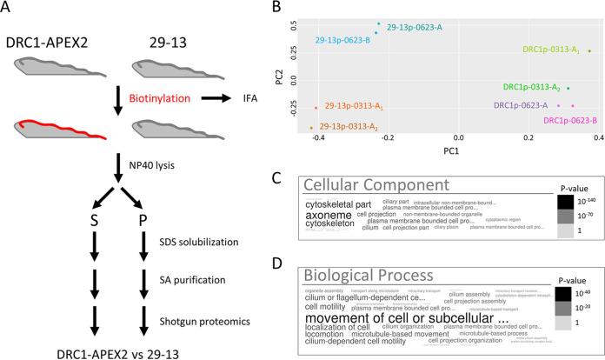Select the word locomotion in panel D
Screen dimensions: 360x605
coord(325,332)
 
